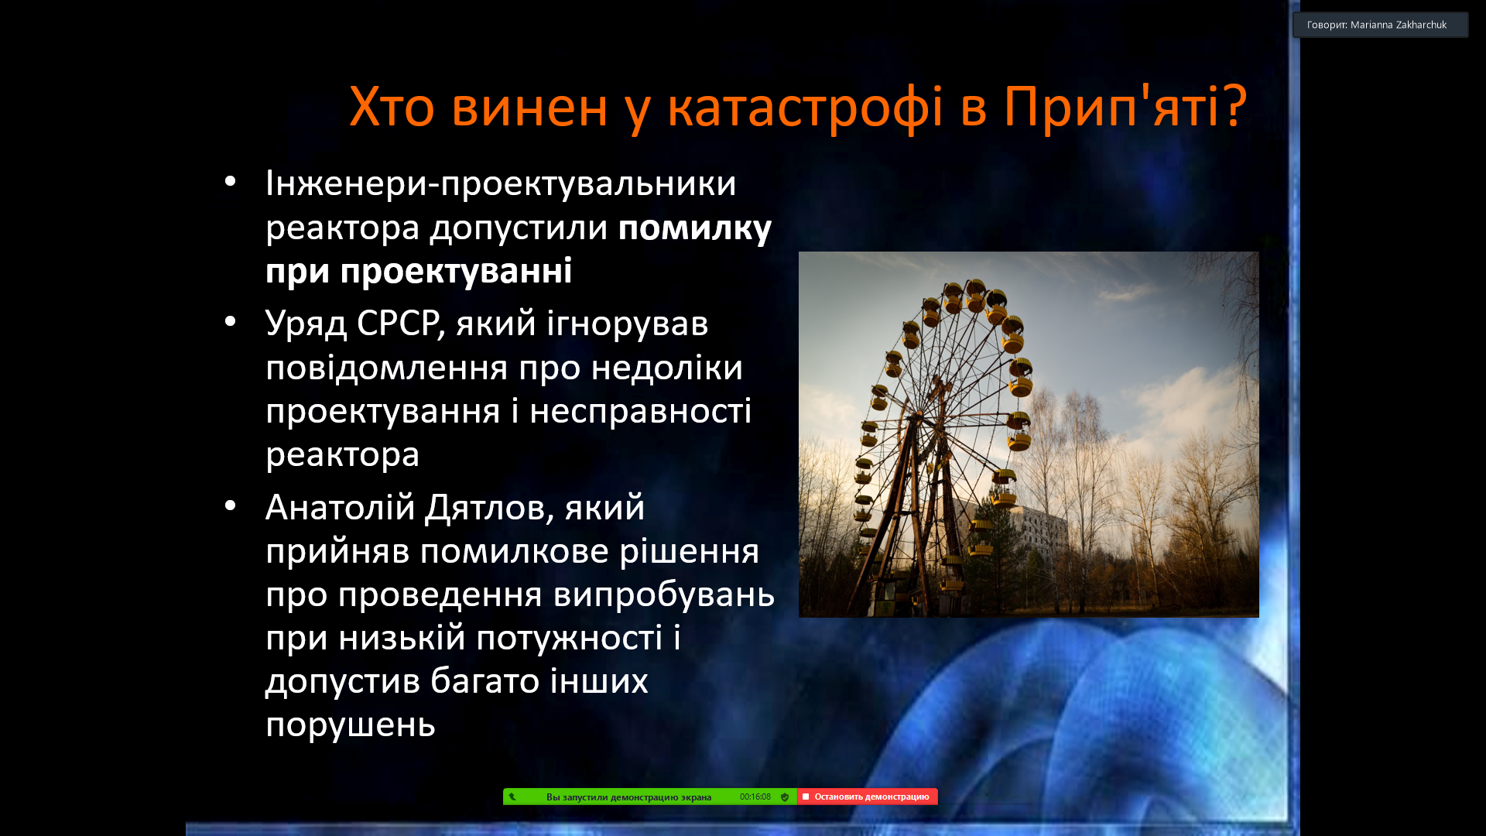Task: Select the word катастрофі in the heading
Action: coord(805,108)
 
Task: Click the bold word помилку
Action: coord(694,229)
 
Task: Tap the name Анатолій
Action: coord(341,508)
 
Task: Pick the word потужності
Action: coord(569,639)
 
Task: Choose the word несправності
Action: coord(640,411)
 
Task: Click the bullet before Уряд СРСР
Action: coord(230,321)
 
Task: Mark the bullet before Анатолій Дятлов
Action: coord(230,506)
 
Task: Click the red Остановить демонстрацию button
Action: coord(867,797)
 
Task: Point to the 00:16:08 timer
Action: coord(755,797)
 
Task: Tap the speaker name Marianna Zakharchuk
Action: coord(1398,25)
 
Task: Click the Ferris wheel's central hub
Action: coord(941,387)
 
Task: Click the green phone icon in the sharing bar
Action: coord(512,797)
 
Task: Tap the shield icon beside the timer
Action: coord(785,797)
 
